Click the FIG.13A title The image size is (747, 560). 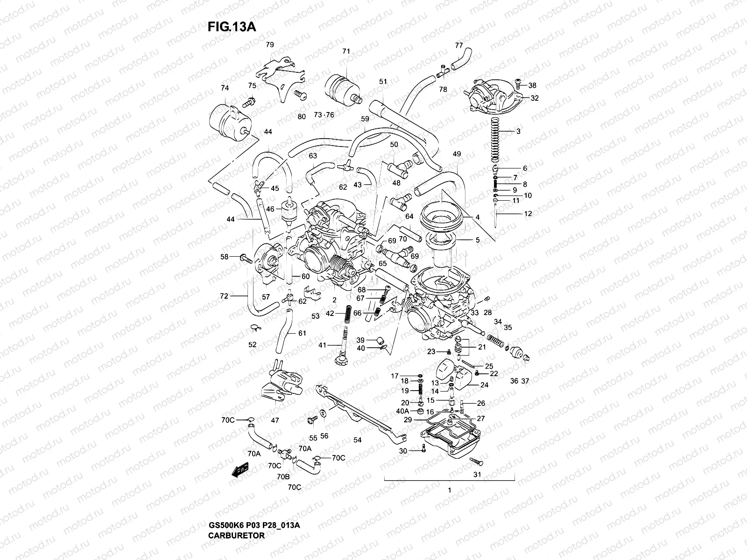click(231, 27)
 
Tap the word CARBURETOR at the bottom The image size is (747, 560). click(236, 535)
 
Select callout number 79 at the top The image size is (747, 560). click(270, 45)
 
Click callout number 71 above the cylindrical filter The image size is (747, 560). click(346, 51)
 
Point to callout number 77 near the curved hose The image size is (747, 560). click(459, 45)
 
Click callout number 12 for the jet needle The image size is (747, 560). click(528, 214)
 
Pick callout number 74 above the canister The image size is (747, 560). click(225, 88)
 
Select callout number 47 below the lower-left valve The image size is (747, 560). click(275, 420)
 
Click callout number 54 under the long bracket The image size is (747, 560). click(358, 440)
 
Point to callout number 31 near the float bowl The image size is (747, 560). click(477, 475)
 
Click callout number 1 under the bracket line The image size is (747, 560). click(449, 490)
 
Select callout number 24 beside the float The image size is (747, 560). click(484, 385)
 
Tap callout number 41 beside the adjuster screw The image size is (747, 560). click(323, 345)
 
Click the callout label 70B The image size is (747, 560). click(283, 476)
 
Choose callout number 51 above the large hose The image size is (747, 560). click(383, 81)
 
